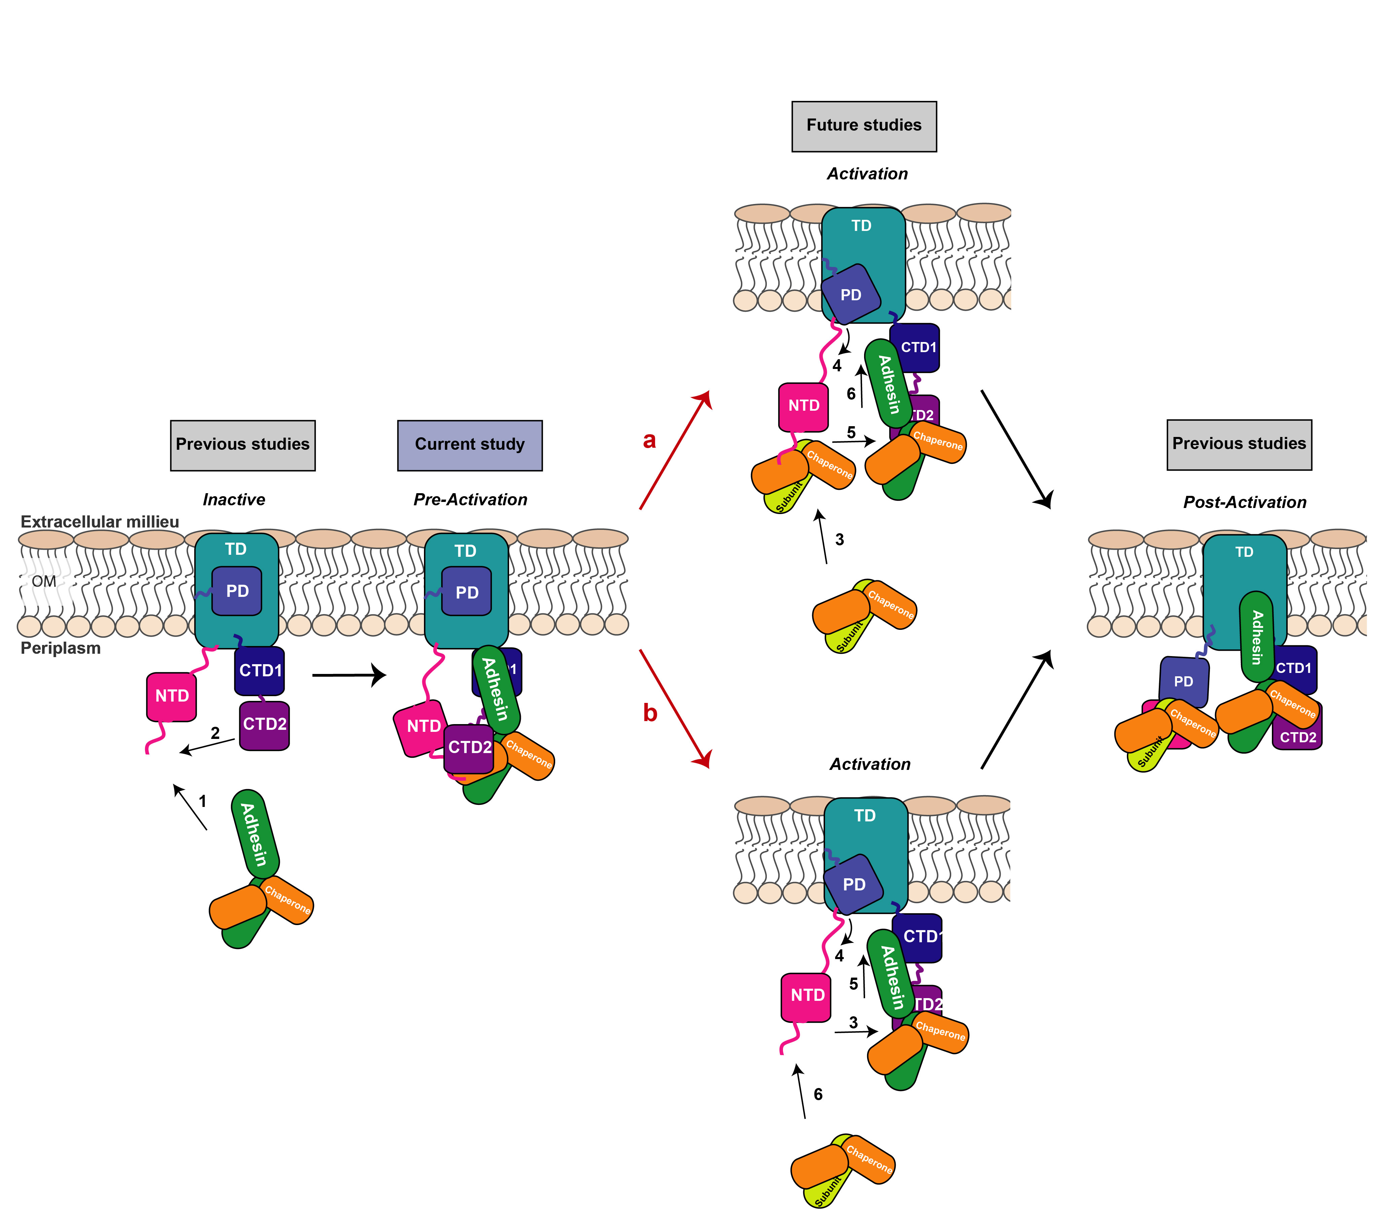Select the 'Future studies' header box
coord(863,126)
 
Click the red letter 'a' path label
coord(649,440)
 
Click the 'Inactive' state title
coord(234,500)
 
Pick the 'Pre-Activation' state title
coord(470,500)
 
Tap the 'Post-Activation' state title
coord(1244,502)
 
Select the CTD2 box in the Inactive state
coord(264,725)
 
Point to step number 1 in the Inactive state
coord(203,801)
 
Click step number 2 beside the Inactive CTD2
coord(215,733)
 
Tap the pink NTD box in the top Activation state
coord(803,406)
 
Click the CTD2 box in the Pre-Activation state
coord(469,748)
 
